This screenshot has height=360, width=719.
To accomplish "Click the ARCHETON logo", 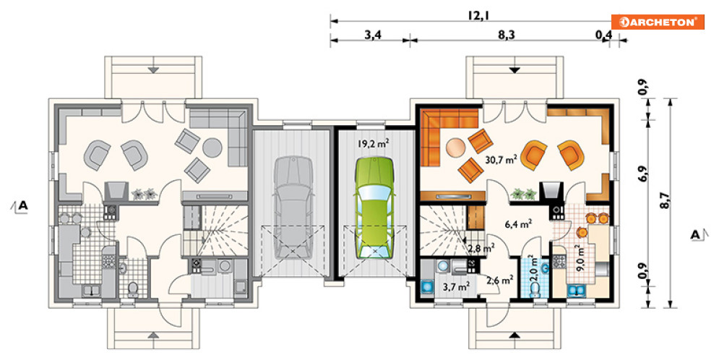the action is (657, 22).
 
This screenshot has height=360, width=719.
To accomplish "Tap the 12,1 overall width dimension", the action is (478, 15).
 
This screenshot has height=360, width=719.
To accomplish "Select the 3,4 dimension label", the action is (373, 35).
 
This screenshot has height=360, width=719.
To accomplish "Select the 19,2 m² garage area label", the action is (374, 143).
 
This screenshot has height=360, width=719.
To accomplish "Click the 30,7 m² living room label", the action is (501, 159).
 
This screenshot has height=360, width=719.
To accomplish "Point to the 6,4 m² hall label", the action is (518, 224).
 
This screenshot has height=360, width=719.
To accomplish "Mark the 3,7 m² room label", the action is (456, 287).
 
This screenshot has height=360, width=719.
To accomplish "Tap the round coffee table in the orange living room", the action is (455, 148).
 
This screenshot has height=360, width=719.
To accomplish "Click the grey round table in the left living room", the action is (212, 147).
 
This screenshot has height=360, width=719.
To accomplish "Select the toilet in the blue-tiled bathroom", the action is (535, 289).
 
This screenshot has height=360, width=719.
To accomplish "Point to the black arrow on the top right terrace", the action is (515, 70).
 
